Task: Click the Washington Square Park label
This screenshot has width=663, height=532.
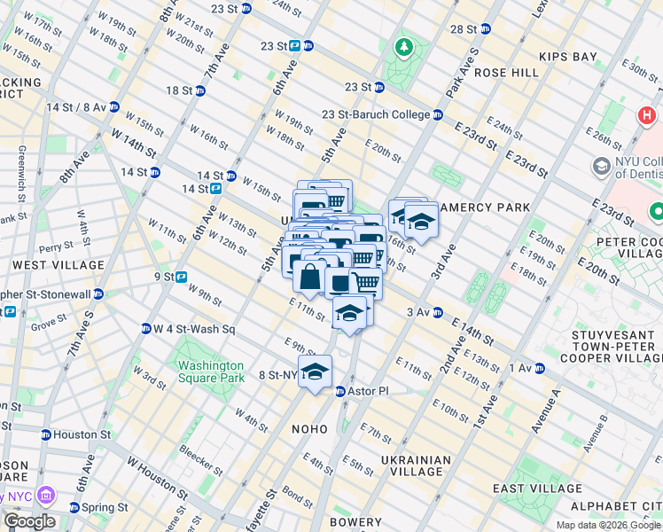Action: pyautogui.click(x=210, y=372)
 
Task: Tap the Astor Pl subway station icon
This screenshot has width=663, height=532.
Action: pyautogui.click(x=339, y=391)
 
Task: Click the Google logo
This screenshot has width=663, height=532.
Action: pyautogui.click(x=29, y=521)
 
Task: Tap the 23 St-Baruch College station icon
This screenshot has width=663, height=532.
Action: pyautogui.click(x=438, y=114)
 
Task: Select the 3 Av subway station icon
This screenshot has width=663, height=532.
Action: pyautogui.click(x=436, y=312)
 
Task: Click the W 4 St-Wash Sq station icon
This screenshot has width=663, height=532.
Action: pyautogui.click(x=145, y=329)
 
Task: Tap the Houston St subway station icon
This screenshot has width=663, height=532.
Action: pyautogui.click(x=46, y=434)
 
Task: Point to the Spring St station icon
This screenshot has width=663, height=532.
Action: pyautogui.click(x=74, y=507)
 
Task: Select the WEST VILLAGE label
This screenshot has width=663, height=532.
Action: pyautogui.click(x=46, y=264)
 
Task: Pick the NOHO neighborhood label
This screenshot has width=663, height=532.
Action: pyautogui.click(x=310, y=429)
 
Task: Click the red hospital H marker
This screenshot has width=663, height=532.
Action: pyautogui.click(x=646, y=116)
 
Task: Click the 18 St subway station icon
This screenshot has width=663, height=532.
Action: pyautogui.click(x=200, y=90)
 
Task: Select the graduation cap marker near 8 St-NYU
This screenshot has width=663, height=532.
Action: pyautogui.click(x=314, y=371)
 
